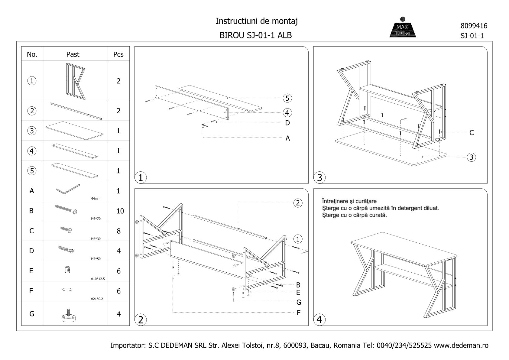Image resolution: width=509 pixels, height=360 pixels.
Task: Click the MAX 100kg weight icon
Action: point(402,28)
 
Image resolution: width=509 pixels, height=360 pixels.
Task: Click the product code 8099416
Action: point(474,26)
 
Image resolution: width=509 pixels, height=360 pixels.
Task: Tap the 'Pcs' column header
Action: point(118,54)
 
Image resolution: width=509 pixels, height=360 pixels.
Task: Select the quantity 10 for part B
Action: point(120,211)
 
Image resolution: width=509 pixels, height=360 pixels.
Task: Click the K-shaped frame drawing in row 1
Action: point(75,81)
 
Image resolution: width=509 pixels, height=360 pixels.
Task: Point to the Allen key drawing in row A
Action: point(68,190)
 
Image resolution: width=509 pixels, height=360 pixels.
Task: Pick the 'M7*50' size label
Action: point(96,259)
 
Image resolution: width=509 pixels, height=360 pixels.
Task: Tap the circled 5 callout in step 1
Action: point(287,98)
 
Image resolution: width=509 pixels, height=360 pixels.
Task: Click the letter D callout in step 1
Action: point(287,123)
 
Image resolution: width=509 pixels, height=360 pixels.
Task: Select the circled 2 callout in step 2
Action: point(298,203)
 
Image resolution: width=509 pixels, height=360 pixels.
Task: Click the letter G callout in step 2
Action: point(299,302)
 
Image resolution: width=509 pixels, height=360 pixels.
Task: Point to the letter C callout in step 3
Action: point(471,133)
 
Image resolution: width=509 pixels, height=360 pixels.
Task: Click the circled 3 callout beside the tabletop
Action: point(471,157)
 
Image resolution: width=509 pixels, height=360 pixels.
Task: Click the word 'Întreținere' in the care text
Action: point(334,201)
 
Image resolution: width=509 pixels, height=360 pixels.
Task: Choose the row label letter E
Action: point(31,271)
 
